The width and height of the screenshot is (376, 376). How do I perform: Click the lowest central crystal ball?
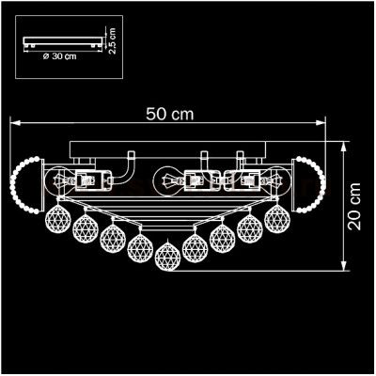tap(168, 255)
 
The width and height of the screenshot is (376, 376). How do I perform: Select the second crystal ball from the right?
tap(250, 227)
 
